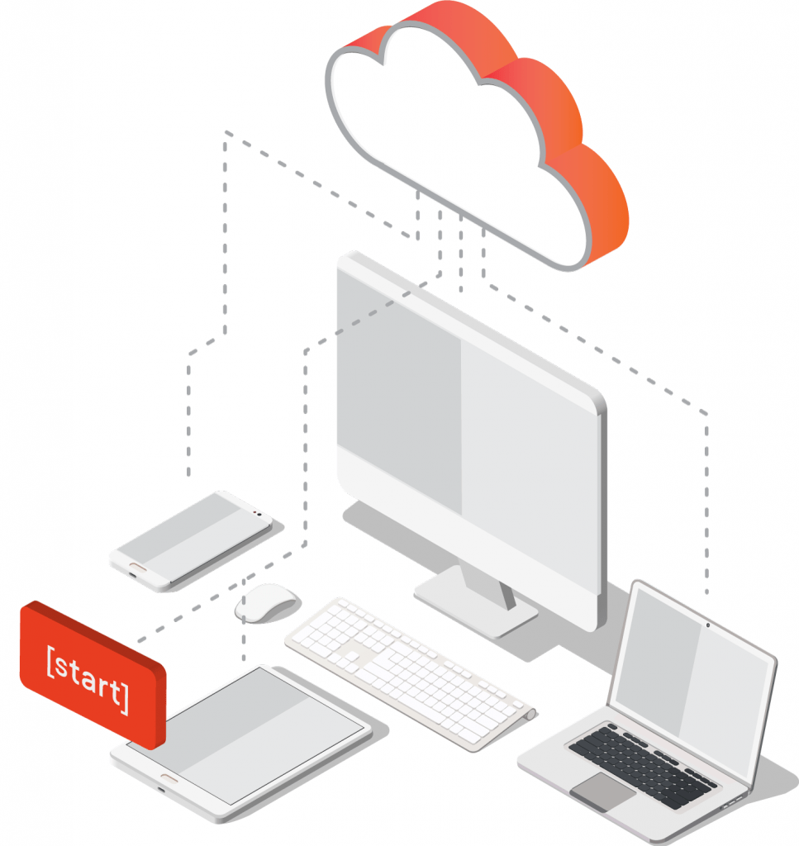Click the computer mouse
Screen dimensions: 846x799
[x=266, y=601]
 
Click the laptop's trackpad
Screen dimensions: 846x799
[x=602, y=791]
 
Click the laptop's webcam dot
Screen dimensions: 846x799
[x=708, y=624]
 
